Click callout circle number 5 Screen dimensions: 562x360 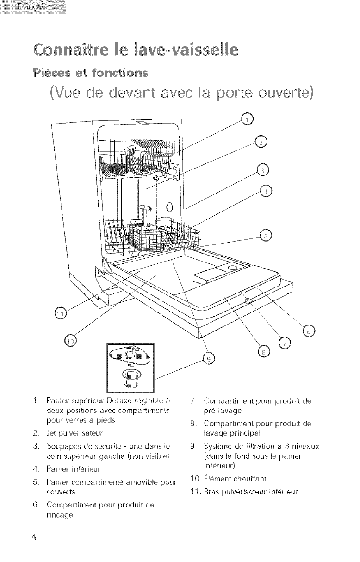(x=266, y=235)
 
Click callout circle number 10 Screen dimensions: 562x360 (x=70, y=341)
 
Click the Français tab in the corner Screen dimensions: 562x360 (x=33, y=7)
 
